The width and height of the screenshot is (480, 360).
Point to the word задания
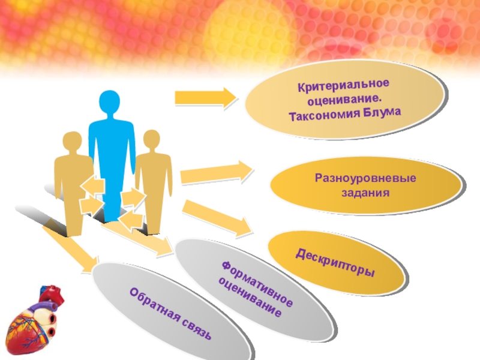pos(366,194)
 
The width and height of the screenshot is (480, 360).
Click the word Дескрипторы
pos(335,262)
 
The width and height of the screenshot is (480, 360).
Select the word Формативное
pos(257,282)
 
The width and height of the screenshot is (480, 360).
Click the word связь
pos(194,328)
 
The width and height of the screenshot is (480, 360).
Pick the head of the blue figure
pos(110,103)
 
